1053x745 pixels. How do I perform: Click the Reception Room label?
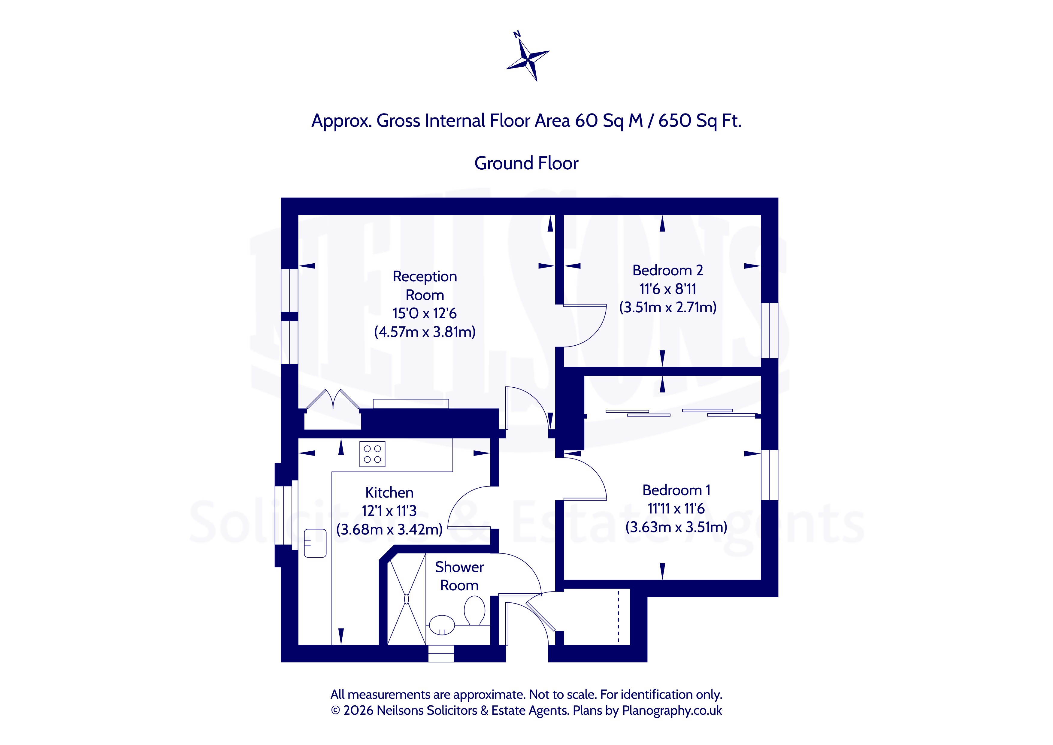pos(425,285)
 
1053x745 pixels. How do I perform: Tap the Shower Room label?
pos(459,576)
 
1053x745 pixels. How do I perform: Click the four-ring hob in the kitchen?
pos(372,454)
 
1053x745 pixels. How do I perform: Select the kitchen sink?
pos(315,543)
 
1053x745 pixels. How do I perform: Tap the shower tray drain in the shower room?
pos(406,599)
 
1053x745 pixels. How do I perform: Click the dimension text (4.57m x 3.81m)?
pos(425,332)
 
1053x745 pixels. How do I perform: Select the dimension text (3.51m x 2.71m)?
pos(668,307)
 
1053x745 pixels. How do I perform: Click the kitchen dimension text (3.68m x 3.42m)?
pos(389,529)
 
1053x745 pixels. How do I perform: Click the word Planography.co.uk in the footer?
pos(672,710)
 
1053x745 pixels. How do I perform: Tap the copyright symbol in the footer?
pos(336,710)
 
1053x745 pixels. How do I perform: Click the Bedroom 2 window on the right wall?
pos(770,330)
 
